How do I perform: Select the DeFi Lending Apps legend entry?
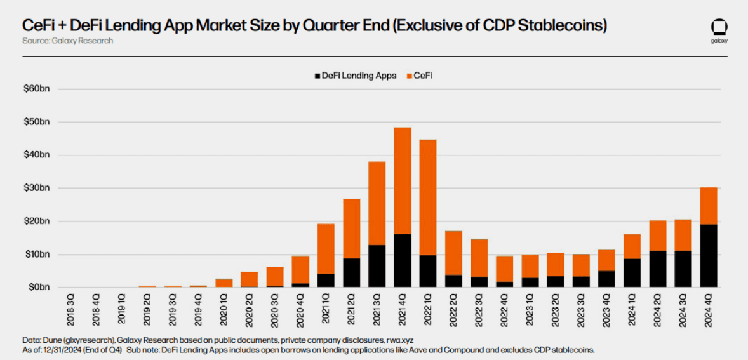355,76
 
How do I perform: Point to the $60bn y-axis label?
36,89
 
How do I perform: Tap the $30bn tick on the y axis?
36,189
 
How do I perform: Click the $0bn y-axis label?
37,288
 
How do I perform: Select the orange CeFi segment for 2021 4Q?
403,180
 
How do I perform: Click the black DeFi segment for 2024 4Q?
709,256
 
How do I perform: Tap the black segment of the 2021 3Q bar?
377,266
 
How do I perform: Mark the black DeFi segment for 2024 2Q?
657,269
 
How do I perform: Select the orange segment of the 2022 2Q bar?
453,253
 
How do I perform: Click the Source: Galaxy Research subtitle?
67,41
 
